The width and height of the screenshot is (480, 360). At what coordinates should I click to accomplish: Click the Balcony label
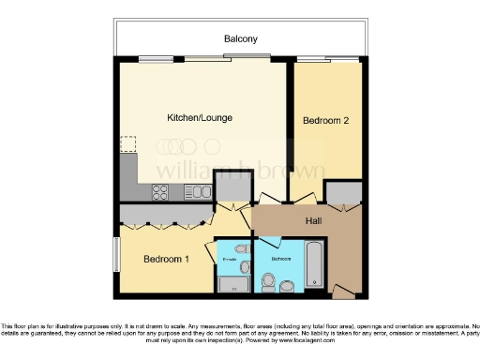coord(240,38)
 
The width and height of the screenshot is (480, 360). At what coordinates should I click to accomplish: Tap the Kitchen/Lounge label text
coord(199,118)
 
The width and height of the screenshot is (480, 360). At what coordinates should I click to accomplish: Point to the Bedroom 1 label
coord(166,259)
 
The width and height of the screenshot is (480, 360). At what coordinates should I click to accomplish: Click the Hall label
coord(315,221)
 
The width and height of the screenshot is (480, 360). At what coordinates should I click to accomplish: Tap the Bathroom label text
coord(281,257)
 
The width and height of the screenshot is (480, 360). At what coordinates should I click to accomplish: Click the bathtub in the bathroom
coord(316,264)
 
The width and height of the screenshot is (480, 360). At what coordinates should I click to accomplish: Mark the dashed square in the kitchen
coord(127,144)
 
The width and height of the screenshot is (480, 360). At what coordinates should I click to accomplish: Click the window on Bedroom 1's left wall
coord(116,253)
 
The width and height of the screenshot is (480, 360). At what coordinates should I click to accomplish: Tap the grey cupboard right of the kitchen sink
coord(228,187)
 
